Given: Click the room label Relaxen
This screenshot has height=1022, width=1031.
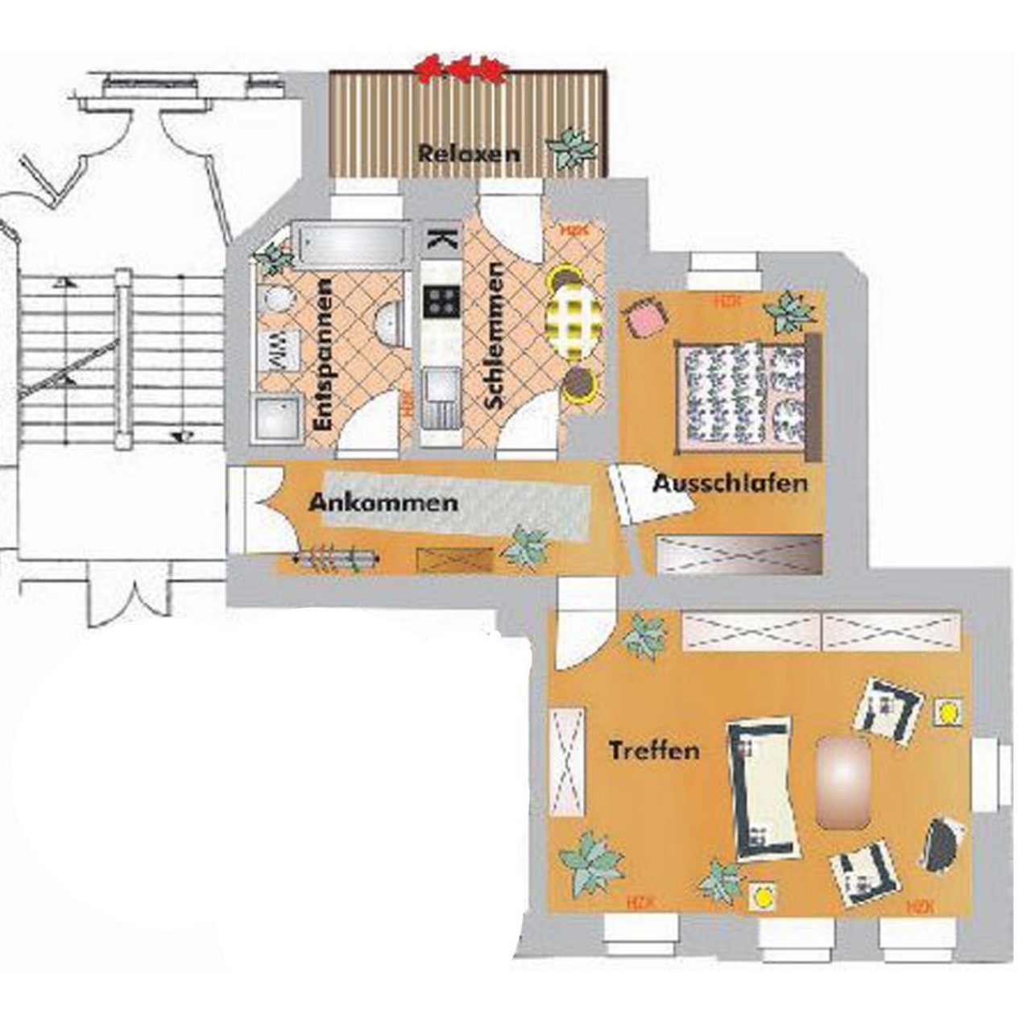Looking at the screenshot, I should [468, 153].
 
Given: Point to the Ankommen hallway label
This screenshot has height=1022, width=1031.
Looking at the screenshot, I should [383, 503].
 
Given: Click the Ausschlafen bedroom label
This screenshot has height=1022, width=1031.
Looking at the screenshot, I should [730, 484].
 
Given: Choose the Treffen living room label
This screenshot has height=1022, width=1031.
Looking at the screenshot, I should [653, 751].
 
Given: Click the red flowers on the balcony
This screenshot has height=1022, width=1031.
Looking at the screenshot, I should [459, 69].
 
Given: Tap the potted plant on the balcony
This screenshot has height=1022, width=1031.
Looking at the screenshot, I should [573, 148].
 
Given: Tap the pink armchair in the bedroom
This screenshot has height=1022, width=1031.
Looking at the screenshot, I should [645, 317].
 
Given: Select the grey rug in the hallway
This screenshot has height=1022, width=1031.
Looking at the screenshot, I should [455, 507].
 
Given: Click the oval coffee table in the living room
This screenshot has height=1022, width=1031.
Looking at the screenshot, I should [843, 781].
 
